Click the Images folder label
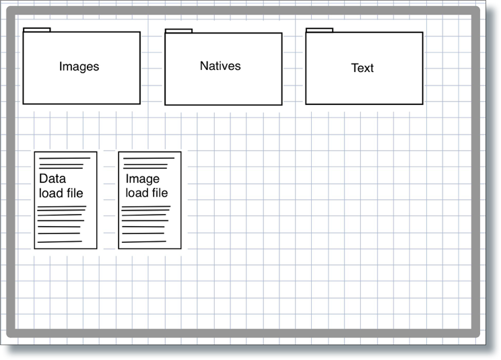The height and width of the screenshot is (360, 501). (79, 67)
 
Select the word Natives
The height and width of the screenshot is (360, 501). (220, 66)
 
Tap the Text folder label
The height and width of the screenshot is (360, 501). (362, 68)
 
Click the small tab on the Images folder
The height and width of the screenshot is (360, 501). (37, 30)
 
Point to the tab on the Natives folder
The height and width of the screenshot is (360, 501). (178, 31)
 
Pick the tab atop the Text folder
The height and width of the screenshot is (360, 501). (319, 30)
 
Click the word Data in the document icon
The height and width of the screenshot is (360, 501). (53, 178)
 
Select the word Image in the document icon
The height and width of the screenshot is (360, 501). (143, 179)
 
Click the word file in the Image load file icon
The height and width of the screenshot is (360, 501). (160, 192)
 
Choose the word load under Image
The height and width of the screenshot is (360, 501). (137, 192)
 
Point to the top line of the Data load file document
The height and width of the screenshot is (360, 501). (65, 158)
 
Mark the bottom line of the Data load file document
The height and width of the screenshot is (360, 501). (60, 242)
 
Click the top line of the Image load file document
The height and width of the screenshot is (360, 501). (149, 158)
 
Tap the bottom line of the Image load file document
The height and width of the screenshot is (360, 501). (144, 242)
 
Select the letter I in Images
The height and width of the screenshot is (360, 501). (61, 66)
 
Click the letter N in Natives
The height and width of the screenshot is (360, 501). (204, 66)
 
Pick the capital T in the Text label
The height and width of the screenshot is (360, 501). (355, 68)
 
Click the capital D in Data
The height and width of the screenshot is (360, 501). (43, 178)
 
